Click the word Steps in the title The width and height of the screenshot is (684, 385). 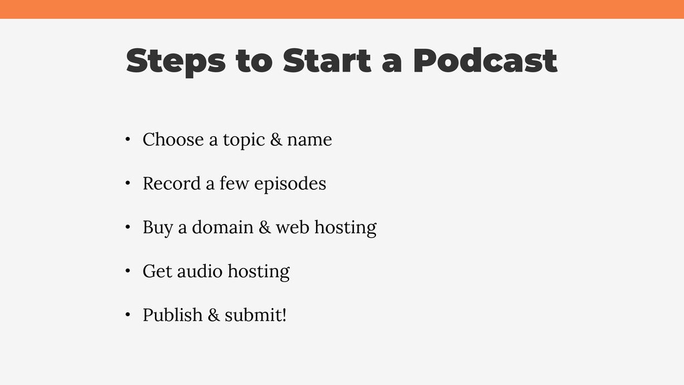(176, 61)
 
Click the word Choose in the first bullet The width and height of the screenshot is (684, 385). (173, 140)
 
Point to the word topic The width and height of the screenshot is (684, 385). (244, 140)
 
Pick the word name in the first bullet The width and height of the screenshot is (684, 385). (309, 140)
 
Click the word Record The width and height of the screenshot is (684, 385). (172, 184)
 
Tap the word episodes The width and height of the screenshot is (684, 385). (290, 184)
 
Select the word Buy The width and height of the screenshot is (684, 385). (158, 229)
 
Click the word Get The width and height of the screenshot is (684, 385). (158, 271)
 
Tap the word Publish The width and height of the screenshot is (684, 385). (173, 315)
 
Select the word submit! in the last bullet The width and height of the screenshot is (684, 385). (256, 315)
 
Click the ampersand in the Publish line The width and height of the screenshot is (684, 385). (214, 315)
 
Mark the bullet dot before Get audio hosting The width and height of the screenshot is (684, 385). (128, 271)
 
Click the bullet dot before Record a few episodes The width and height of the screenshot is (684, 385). (128, 183)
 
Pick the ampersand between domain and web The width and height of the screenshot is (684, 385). (265, 227)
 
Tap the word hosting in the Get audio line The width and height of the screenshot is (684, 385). (259, 272)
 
